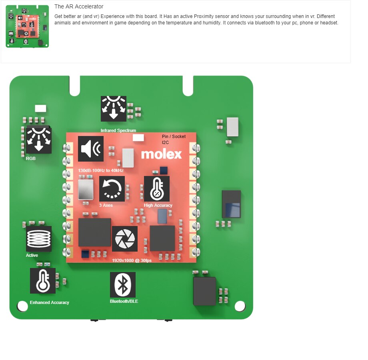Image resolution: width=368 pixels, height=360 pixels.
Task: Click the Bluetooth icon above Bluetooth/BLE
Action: point(123,285)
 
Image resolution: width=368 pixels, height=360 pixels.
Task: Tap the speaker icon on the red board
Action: point(90,149)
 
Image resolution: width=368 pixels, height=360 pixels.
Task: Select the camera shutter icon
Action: point(125,239)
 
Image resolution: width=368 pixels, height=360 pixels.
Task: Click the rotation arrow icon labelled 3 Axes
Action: point(112,189)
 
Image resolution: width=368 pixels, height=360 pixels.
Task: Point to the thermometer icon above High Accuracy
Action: point(157,189)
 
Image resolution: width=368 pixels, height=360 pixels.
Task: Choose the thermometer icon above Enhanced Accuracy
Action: point(43,281)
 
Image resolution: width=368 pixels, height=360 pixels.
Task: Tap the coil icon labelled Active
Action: point(39,239)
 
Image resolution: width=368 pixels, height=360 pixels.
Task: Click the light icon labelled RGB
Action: point(39,140)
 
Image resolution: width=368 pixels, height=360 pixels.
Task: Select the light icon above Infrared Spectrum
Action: point(114,109)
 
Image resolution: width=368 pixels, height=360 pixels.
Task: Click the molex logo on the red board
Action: point(161,154)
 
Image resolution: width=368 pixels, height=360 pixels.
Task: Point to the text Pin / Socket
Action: point(174,136)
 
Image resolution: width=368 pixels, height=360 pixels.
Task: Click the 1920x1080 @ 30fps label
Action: point(132,260)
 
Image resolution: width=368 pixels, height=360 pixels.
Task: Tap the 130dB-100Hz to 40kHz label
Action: point(101,170)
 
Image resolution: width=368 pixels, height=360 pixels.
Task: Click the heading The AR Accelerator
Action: point(79,6)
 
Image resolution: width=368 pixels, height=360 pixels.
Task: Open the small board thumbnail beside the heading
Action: point(27,26)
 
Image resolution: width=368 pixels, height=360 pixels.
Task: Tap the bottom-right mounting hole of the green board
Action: point(240,306)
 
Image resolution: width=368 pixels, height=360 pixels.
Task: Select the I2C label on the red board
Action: point(165,142)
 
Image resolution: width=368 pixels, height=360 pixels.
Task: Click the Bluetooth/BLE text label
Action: point(124,301)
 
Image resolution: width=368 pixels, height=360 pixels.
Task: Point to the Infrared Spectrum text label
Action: point(118,130)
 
